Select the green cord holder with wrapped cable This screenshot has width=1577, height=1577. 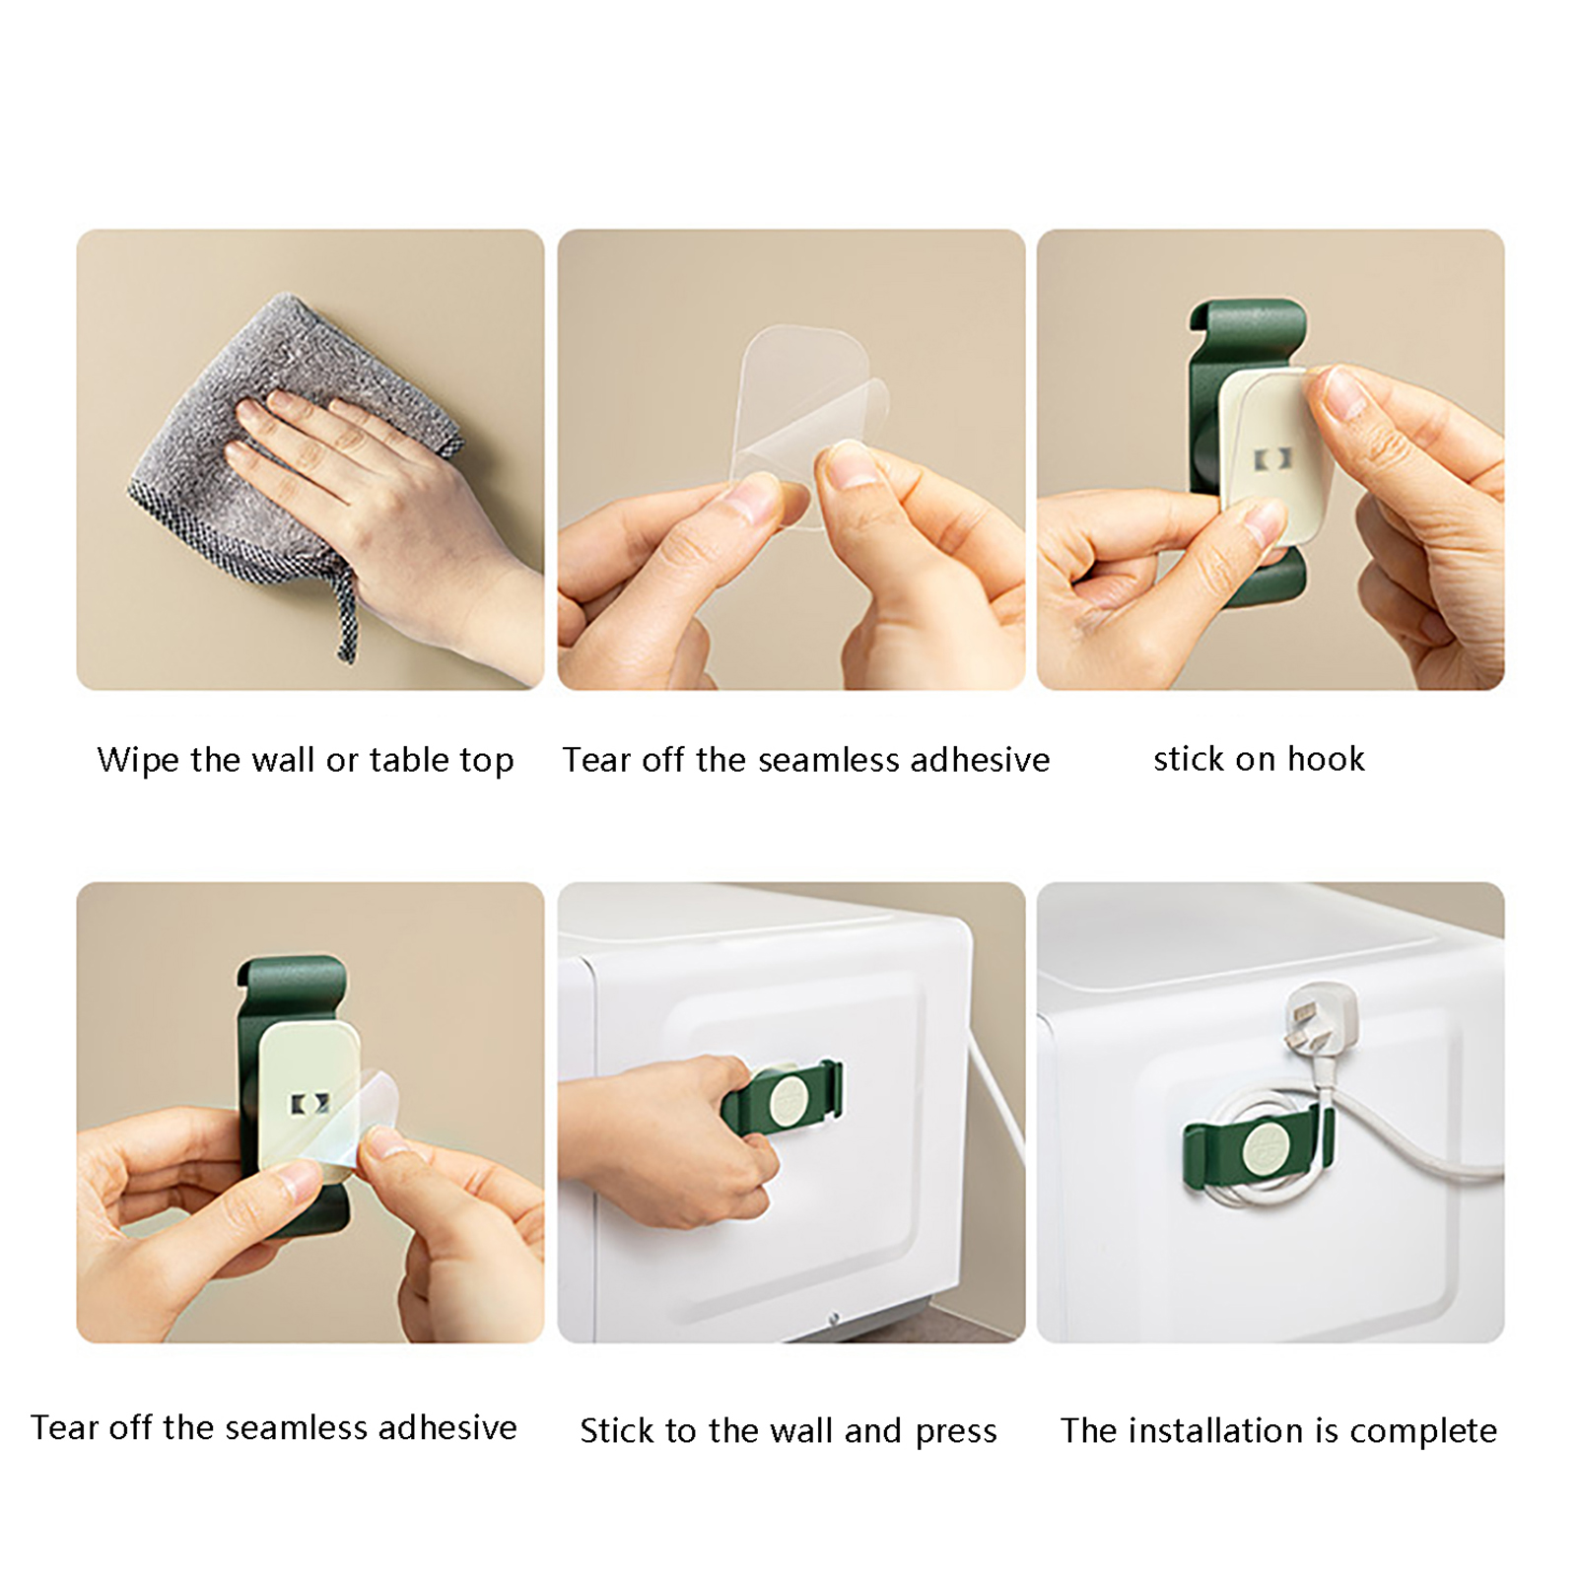coord(1258,1148)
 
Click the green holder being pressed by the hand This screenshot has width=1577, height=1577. coord(784,1096)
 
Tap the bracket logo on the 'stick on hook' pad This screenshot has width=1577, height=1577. coord(1271,458)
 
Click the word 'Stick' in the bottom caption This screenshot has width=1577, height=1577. coord(617,1431)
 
